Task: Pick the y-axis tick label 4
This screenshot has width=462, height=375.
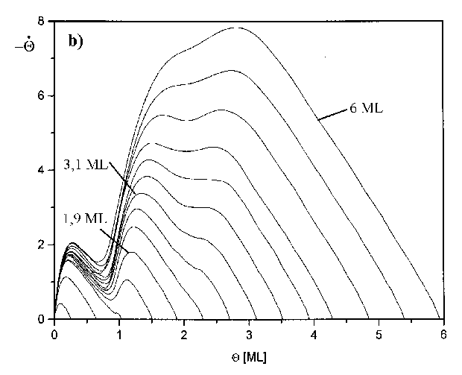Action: coord(42,171)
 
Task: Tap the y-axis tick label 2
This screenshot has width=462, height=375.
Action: coord(42,245)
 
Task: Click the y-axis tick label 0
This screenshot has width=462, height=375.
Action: coord(42,319)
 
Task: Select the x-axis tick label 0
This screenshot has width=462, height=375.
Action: coord(54,333)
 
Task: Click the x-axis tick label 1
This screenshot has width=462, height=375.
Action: coord(119,333)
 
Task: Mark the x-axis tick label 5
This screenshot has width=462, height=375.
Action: coord(379,333)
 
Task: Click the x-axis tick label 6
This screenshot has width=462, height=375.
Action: coord(444,333)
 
